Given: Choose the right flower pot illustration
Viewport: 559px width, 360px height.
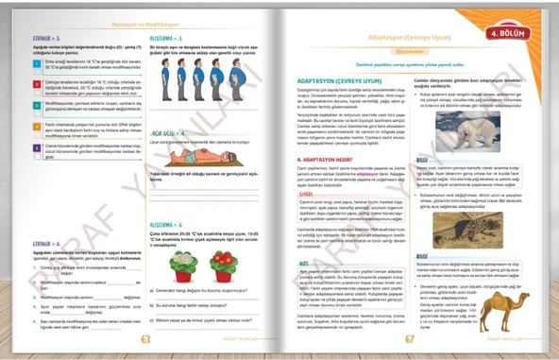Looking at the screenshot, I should point(224,266).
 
